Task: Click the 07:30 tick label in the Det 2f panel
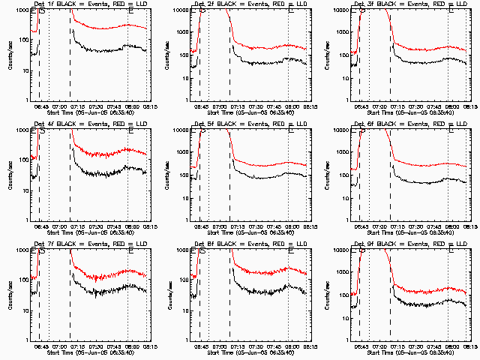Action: tap(257, 106)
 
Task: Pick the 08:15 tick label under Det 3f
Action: tap(470, 106)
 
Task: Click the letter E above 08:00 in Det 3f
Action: tap(451, 10)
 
